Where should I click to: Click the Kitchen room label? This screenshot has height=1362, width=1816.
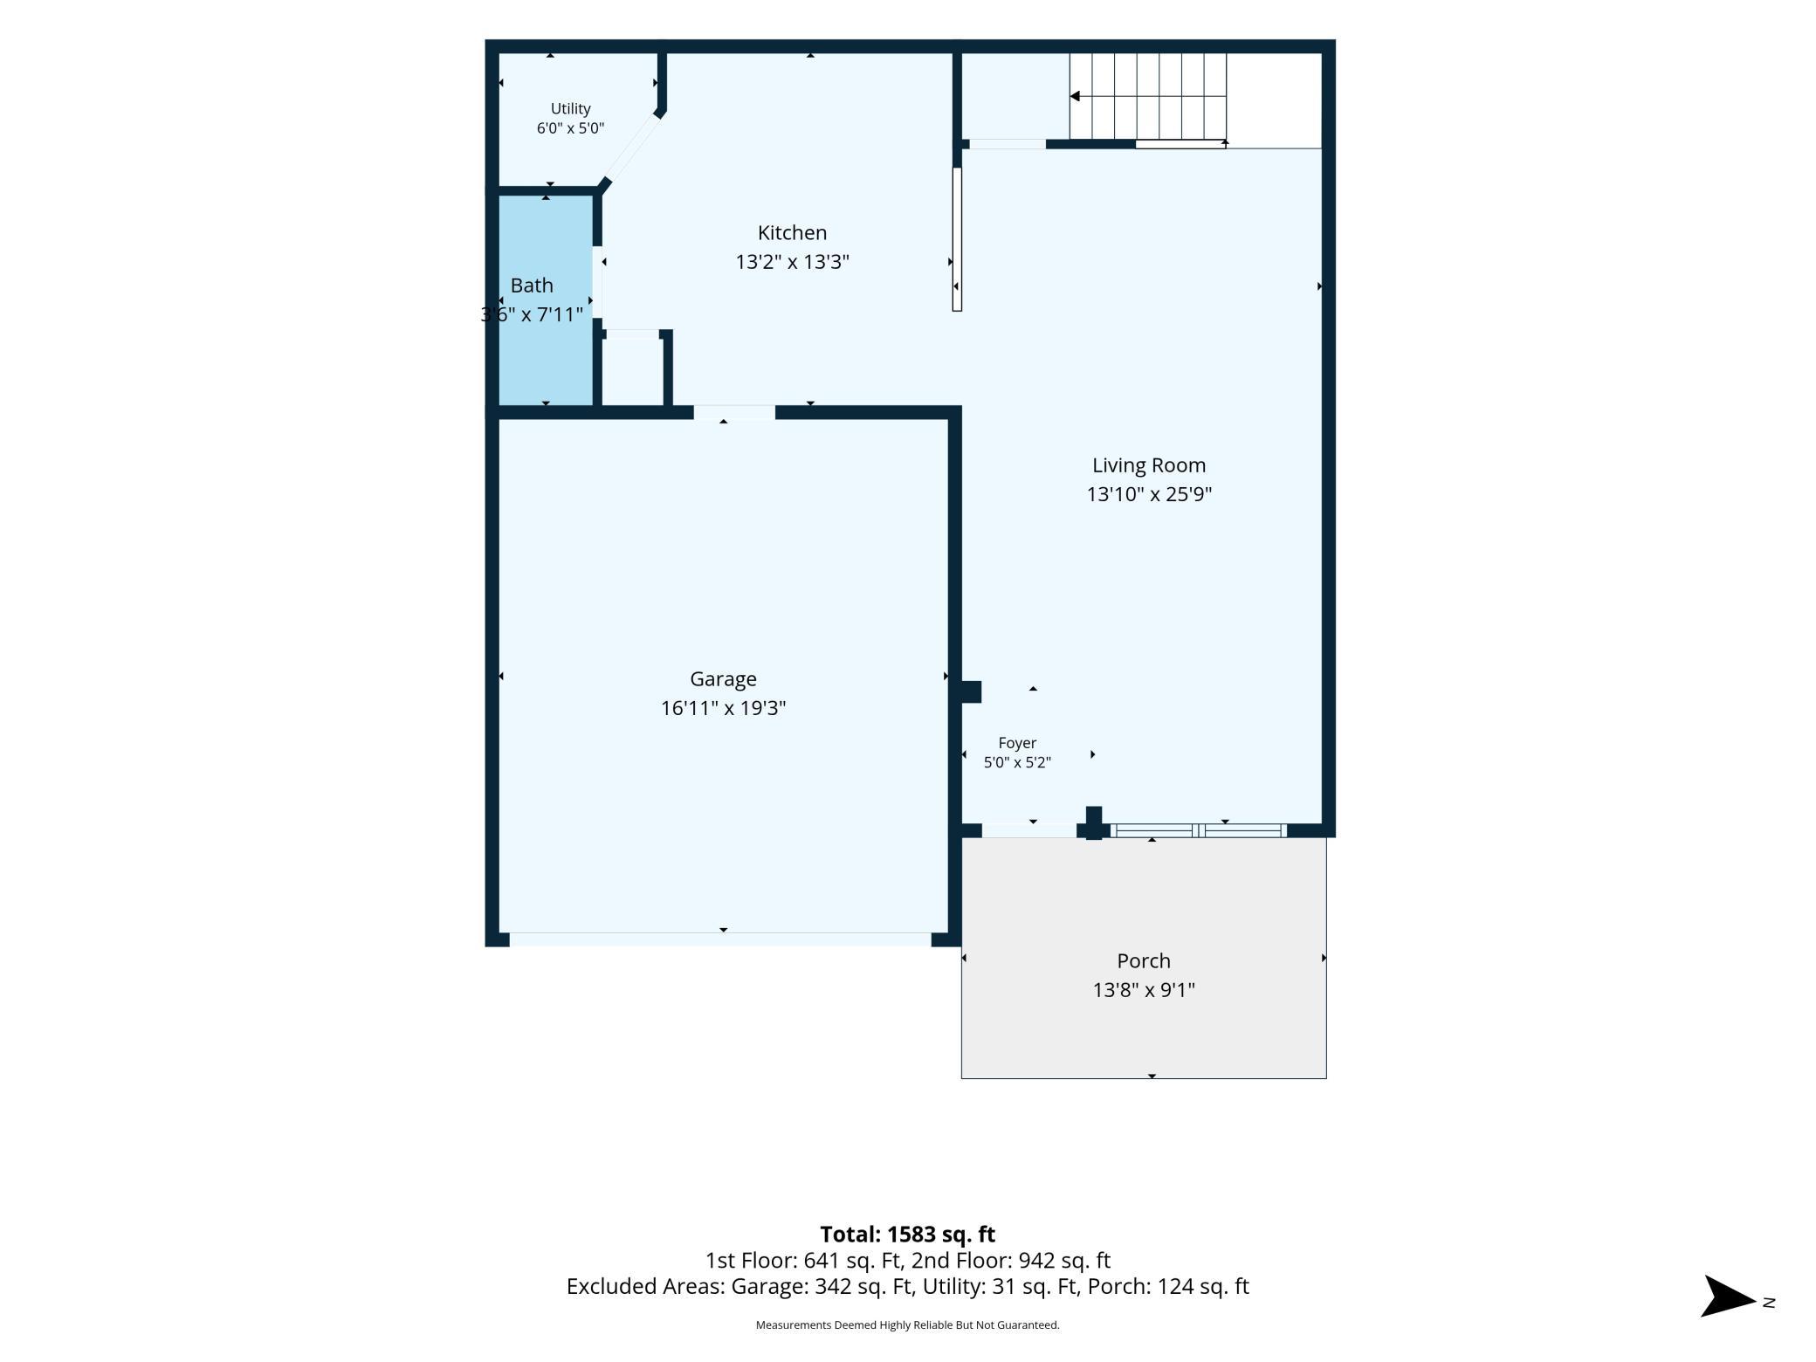click(792, 233)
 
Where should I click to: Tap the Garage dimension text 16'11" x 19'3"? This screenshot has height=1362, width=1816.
click(723, 708)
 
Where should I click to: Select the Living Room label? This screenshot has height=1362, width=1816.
click(1149, 466)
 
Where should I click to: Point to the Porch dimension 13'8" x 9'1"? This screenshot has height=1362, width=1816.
click(1144, 990)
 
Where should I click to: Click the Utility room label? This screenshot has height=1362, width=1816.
click(570, 109)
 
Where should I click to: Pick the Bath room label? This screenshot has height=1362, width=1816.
click(532, 285)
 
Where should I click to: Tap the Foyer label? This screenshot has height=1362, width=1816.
click(1017, 743)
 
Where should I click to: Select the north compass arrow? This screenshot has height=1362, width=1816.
click(1728, 1297)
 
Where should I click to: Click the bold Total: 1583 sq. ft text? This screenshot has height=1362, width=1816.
click(907, 1235)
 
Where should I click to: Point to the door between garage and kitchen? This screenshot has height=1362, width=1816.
click(734, 412)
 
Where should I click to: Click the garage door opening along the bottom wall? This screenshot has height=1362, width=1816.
click(720, 939)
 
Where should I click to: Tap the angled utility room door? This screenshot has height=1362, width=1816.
click(630, 148)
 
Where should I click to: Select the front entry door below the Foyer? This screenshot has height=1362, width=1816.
click(1029, 830)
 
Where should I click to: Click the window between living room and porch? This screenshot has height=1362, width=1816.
click(1198, 830)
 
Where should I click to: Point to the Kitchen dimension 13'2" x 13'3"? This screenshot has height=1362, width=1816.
click(792, 262)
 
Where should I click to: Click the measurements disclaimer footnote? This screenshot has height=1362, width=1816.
click(907, 1325)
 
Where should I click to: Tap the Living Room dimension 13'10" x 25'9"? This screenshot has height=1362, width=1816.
click(1149, 494)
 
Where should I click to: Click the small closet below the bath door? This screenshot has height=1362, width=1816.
click(633, 371)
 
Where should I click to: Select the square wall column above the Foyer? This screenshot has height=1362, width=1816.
click(971, 691)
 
